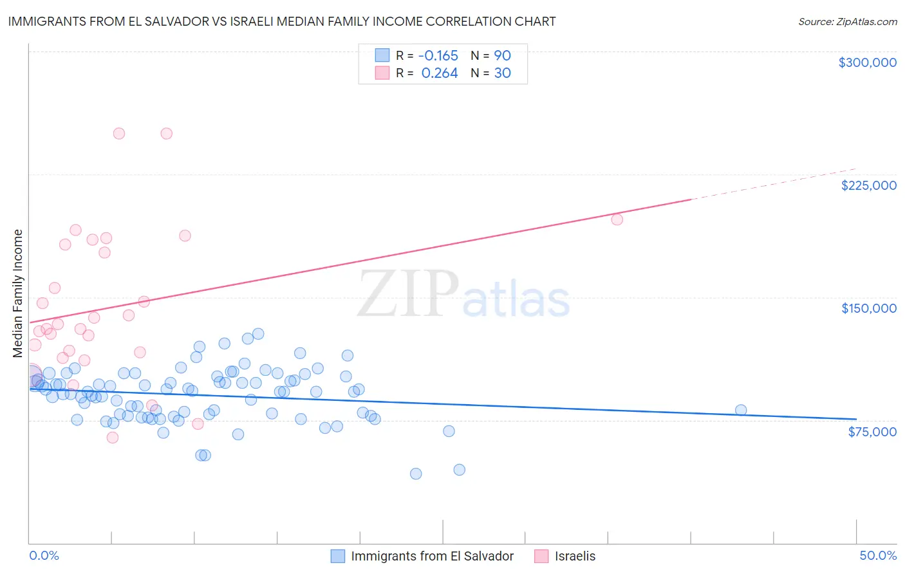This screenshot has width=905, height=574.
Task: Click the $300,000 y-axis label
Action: tap(867, 62)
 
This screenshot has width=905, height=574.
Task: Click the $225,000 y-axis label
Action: tap(868, 185)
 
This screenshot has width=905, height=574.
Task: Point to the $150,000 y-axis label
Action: tap(868, 308)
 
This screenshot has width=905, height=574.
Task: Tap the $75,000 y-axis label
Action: tap(872, 432)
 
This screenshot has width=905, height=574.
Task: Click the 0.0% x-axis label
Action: tap(44, 556)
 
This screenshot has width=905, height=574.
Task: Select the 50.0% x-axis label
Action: tap(877, 556)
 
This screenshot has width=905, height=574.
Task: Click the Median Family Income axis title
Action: tap(17, 293)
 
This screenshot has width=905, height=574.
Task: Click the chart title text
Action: tap(282, 21)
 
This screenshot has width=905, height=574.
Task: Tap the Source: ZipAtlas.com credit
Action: tap(847, 21)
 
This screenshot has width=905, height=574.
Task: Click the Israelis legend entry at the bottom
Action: tap(575, 556)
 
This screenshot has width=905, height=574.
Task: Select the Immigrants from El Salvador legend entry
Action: tap(432, 556)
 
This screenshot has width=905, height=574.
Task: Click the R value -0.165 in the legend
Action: tap(438, 55)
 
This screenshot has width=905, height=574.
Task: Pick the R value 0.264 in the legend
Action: tap(439, 73)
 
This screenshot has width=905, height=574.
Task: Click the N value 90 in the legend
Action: tap(502, 55)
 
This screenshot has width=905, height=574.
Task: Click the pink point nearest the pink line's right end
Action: tap(617, 219)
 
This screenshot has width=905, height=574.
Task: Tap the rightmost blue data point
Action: tap(741, 411)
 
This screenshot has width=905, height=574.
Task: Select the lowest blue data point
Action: tap(416, 474)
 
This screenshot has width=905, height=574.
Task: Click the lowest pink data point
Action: tap(112, 438)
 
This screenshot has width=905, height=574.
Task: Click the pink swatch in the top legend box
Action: tap(382, 73)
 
